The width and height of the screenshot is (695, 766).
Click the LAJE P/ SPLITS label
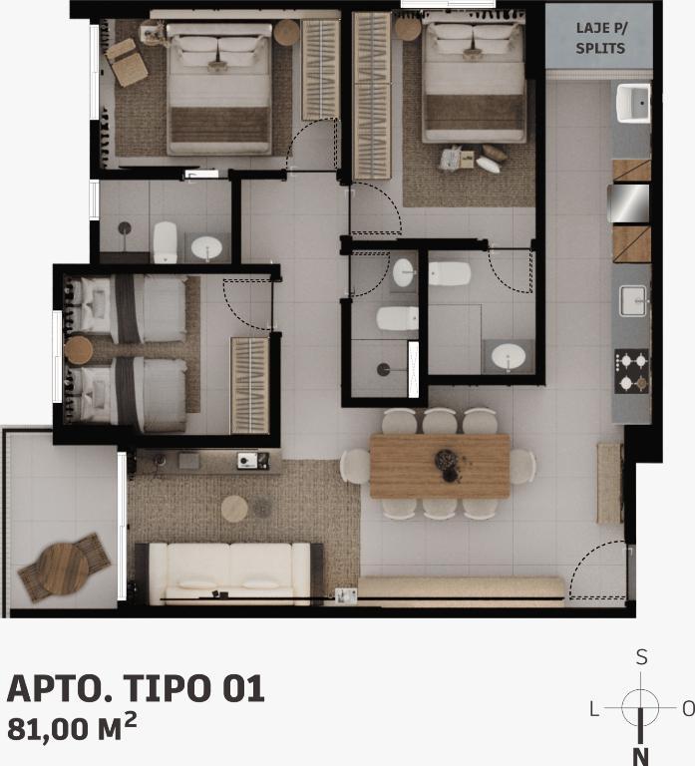point(600,38)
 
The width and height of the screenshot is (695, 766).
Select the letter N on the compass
point(640,756)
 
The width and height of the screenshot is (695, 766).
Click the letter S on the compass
point(642,657)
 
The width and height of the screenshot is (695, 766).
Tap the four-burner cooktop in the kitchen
point(631,371)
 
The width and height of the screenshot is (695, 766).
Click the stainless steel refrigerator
point(629,202)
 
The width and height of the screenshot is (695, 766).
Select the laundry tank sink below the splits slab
point(633,103)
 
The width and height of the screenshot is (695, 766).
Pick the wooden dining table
point(440,466)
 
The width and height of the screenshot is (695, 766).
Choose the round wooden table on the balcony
point(63,570)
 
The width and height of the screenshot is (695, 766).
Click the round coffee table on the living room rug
point(234,509)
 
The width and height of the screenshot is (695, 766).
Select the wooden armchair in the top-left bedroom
point(126,63)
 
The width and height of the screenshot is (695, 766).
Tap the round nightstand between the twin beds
point(78,350)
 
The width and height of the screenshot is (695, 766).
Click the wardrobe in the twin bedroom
point(249,385)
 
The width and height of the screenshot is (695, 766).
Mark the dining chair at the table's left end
point(355,467)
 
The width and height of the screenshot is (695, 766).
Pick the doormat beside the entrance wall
point(609,483)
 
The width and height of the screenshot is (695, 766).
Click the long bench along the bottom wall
point(461,589)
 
